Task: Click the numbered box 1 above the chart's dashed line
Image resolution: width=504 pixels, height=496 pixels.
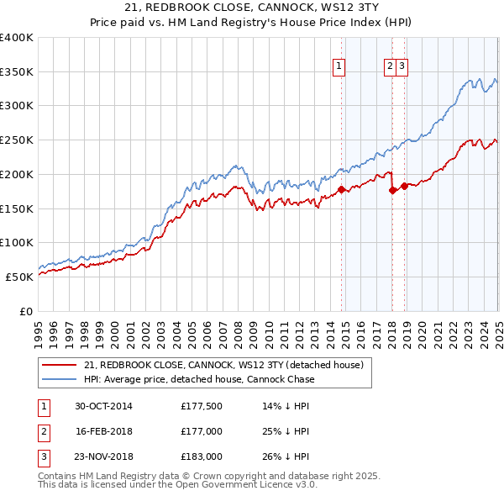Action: click(339, 66)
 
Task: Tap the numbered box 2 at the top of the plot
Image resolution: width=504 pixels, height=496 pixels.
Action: click(391, 66)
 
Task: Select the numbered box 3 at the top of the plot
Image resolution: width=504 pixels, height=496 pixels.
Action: click(402, 66)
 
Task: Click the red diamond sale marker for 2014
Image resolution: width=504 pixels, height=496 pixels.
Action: click(342, 189)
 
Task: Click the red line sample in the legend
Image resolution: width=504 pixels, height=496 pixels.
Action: click(59, 365)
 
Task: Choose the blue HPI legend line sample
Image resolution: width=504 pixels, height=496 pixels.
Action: click(59, 379)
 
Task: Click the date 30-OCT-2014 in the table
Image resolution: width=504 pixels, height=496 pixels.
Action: click(103, 406)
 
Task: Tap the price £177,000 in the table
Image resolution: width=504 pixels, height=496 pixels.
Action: click(201, 431)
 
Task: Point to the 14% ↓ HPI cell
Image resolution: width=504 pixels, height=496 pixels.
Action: click(286, 406)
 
